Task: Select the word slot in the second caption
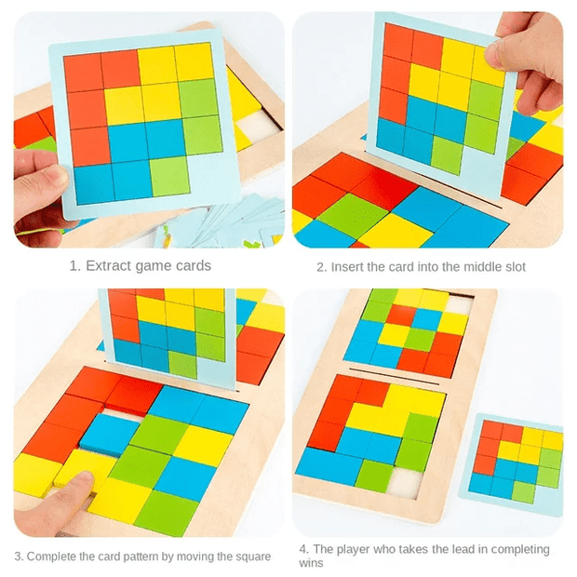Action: [510, 267]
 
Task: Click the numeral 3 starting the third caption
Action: [18, 557]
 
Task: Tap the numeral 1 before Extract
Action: [74, 266]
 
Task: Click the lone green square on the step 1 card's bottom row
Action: [169, 176]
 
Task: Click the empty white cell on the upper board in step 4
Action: [457, 304]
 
